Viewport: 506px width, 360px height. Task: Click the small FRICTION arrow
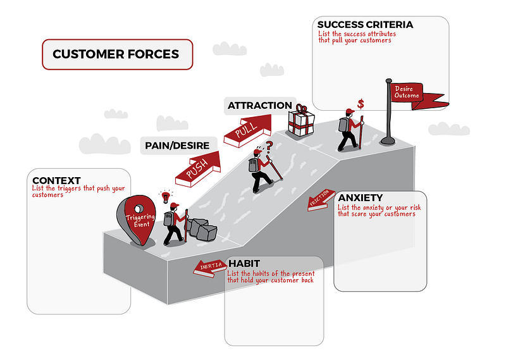(321, 199)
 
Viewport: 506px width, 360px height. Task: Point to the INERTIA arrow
(210, 266)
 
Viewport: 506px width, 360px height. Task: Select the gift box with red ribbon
(302, 121)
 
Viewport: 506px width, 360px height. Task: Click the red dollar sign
(361, 103)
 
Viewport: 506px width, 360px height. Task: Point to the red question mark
(268, 147)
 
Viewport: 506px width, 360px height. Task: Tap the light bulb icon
(166, 196)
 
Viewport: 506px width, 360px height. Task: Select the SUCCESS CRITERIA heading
(366, 25)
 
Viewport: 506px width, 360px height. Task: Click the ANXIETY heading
(360, 197)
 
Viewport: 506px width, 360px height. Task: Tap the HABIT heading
(244, 263)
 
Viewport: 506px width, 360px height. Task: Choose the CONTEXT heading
(56, 180)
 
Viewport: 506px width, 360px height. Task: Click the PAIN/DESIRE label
(177, 146)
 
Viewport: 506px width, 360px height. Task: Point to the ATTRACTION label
(259, 106)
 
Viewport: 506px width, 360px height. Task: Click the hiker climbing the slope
(261, 170)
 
